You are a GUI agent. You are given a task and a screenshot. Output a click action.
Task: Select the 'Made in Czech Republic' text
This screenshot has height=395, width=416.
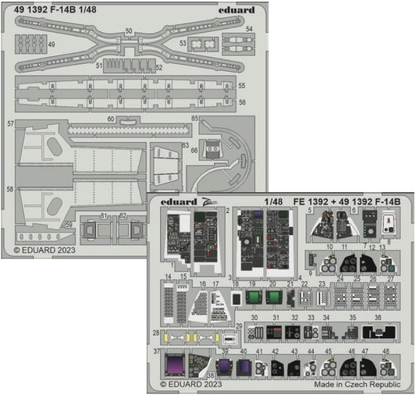[356, 385]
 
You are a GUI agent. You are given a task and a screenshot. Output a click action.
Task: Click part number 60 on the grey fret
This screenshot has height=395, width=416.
[112, 119]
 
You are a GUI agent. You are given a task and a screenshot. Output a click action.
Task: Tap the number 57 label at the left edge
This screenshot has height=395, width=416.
[10, 124]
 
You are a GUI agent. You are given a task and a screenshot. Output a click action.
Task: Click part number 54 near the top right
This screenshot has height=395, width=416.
[247, 29]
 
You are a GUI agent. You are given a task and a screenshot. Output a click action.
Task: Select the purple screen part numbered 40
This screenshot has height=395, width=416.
[244, 365]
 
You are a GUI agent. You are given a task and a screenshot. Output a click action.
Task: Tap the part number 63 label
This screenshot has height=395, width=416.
[185, 145]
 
